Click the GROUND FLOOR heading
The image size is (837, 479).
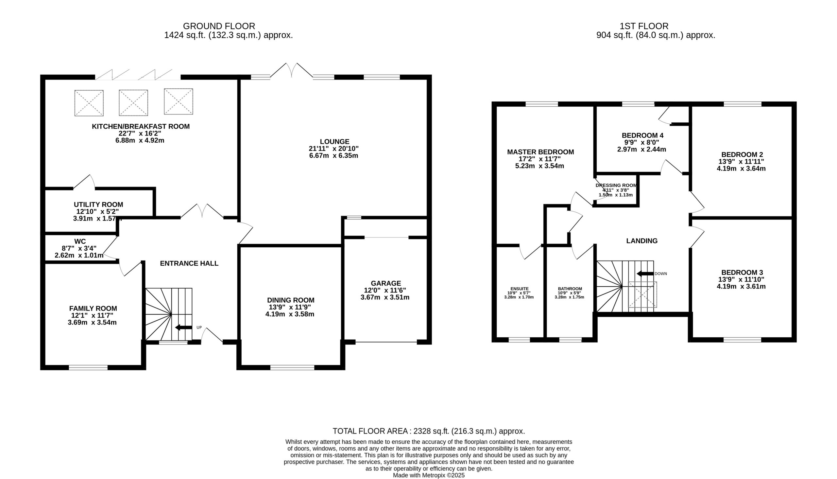(x=219, y=26)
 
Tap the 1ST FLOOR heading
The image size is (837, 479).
(x=644, y=26)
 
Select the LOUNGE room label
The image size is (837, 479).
(x=335, y=142)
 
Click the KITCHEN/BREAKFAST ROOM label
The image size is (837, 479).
(x=141, y=126)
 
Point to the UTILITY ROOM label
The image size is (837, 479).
(x=99, y=204)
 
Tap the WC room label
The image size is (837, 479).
(x=80, y=241)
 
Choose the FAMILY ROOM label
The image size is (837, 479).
(x=93, y=309)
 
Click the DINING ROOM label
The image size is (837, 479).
(x=291, y=300)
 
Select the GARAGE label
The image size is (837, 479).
(x=386, y=283)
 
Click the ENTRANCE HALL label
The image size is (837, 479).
(x=189, y=263)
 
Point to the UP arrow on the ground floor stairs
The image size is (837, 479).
(x=183, y=327)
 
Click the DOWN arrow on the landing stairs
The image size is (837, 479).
(x=645, y=274)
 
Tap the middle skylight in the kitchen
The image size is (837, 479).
(x=133, y=103)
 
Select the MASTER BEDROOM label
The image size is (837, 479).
(x=540, y=152)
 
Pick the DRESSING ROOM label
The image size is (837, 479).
(x=616, y=185)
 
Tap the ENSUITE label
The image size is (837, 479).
(x=520, y=289)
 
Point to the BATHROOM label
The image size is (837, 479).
(x=570, y=289)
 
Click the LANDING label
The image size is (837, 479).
(x=642, y=241)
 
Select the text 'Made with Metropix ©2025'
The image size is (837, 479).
(x=429, y=475)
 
